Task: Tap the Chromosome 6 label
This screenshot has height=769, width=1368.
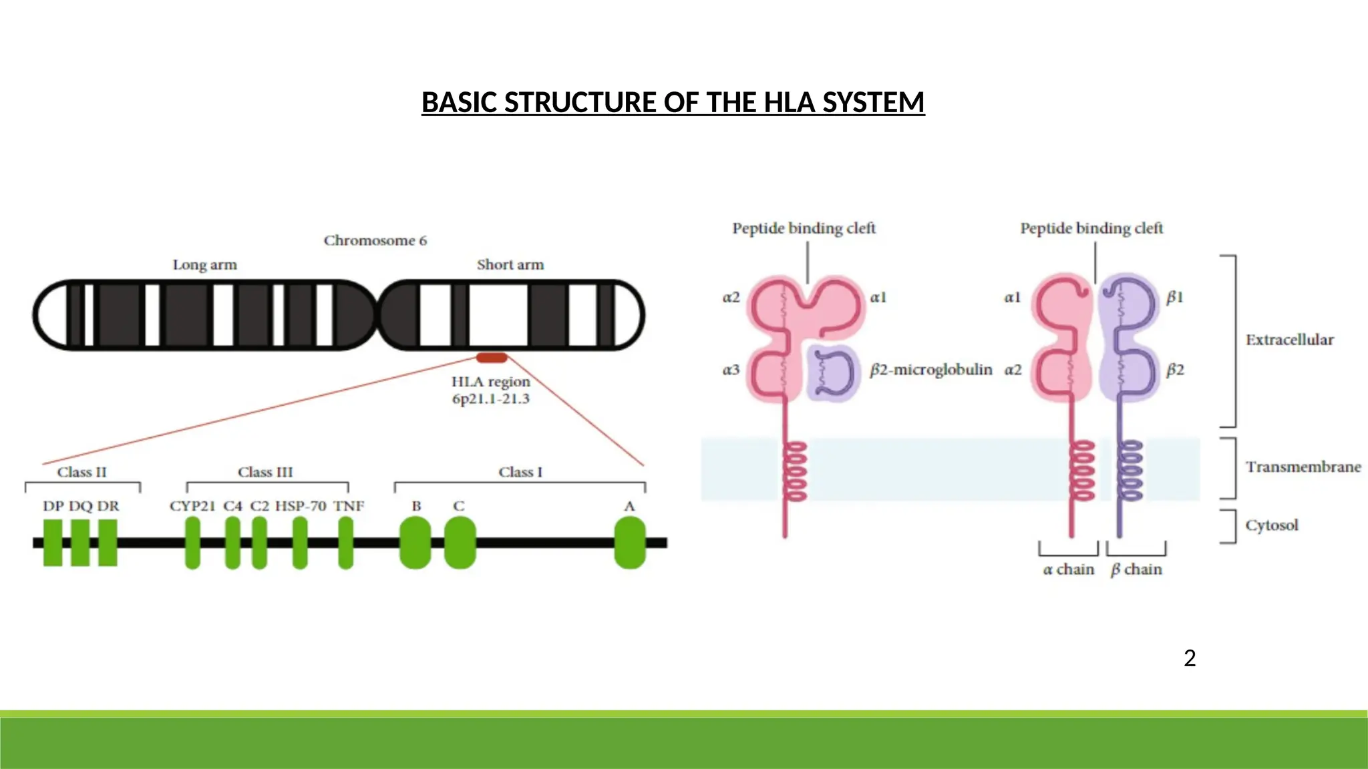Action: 375,240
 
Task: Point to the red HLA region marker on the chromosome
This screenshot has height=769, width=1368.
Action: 492,358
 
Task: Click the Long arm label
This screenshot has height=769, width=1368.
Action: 204,265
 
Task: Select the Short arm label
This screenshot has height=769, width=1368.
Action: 510,265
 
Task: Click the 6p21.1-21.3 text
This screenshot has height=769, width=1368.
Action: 490,399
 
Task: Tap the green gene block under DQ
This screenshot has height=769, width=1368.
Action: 80,543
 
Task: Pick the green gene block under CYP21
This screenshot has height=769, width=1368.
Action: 192,543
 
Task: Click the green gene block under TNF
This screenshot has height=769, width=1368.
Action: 345,543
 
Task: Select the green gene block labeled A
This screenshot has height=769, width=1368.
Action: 629,543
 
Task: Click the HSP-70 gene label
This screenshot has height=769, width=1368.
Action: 301,506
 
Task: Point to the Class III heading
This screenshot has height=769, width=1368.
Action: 265,472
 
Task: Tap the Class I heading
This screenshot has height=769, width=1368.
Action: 520,472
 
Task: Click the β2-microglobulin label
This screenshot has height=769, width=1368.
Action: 931,370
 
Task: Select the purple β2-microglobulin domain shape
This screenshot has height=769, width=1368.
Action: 832,372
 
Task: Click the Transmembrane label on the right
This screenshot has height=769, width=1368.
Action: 1303,467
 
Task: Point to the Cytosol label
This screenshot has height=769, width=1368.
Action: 1271,525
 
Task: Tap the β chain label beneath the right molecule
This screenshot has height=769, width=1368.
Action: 1136,569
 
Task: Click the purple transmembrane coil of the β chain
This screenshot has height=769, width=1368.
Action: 1130,470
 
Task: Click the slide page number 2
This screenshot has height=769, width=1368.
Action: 1189,659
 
